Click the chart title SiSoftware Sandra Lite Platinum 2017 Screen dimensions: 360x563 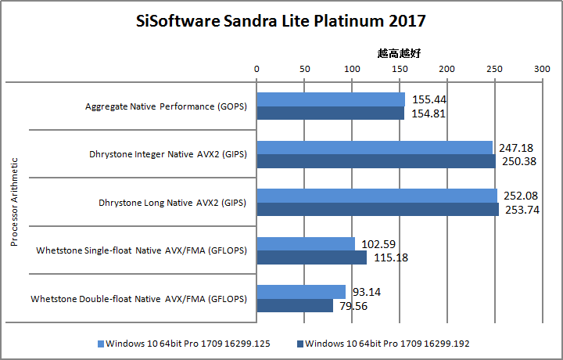click(281, 20)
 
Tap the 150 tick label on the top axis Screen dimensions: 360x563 click(399, 69)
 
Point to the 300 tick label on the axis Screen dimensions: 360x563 click(541, 69)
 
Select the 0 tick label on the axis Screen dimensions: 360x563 click(256, 69)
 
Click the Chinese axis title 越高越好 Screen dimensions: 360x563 click(399, 53)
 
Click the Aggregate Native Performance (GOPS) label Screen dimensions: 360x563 click(166, 106)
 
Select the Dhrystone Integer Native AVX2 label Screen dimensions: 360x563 click(168, 154)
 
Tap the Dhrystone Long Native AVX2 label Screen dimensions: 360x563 click(172, 203)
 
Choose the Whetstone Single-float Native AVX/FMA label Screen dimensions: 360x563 click(142, 250)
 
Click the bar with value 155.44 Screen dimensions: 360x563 click(331, 99)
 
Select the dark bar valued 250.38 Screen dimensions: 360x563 click(376, 161)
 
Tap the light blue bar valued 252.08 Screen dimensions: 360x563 click(377, 195)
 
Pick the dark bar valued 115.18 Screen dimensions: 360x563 click(312, 257)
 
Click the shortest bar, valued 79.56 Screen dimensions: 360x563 click(295, 305)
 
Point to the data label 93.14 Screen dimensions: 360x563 click(367, 292)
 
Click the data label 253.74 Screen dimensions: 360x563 click(520, 210)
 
